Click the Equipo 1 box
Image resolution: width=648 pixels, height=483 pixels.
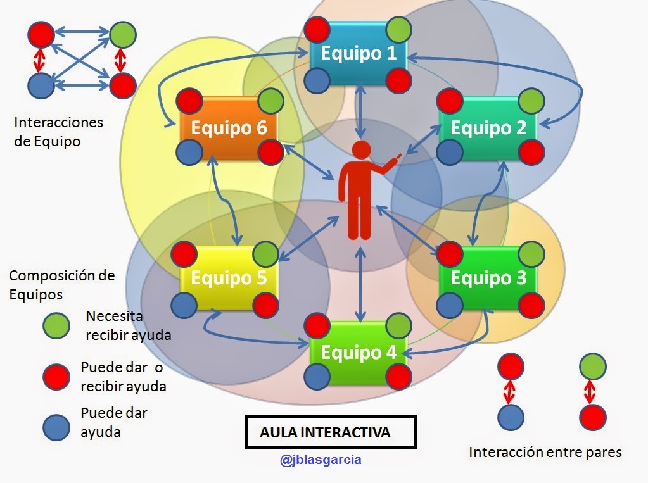[359, 53]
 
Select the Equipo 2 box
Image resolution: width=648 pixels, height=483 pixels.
[488, 128]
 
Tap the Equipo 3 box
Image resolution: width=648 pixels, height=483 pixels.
[488, 278]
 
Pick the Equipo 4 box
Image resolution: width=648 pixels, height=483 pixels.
[359, 352]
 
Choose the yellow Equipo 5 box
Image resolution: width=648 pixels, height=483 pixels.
[229, 278]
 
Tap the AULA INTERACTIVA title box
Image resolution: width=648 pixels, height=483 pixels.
[330, 432]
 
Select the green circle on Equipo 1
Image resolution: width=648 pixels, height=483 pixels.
[399, 29]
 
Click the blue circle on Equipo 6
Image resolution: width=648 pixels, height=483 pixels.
[188, 153]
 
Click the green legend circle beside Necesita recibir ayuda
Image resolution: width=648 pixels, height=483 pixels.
[56, 325]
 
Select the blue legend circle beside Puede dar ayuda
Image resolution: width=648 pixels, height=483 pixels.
[56, 428]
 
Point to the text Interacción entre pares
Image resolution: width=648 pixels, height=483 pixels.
[545, 452]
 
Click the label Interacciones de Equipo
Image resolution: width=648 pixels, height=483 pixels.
[58, 132]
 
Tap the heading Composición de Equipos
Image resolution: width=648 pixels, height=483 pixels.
[62, 285]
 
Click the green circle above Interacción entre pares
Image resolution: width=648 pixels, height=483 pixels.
[592, 367]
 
